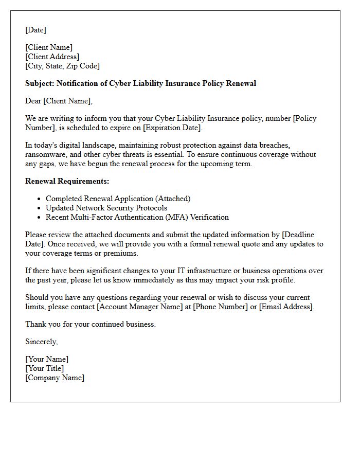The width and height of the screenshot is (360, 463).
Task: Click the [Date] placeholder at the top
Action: (x=35, y=30)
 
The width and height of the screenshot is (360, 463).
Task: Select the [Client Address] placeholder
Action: (x=52, y=57)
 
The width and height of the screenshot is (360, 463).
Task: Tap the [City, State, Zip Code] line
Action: (x=62, y=66)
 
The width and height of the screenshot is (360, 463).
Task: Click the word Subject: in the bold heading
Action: (x=40, y=83)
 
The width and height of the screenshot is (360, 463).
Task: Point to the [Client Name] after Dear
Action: (x=69, y=101)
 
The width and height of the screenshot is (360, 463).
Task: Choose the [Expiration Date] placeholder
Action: (x=172, y=128)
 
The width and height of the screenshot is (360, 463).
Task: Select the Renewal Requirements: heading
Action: (x=67, y=181)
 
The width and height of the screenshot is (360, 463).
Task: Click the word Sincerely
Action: (x=41, y=342)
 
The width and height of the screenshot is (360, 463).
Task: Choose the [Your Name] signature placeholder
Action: (x=47, y=359)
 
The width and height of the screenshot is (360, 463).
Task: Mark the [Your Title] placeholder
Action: (x=45, y=368)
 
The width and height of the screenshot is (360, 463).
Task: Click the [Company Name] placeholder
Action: (x=55, y=378)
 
